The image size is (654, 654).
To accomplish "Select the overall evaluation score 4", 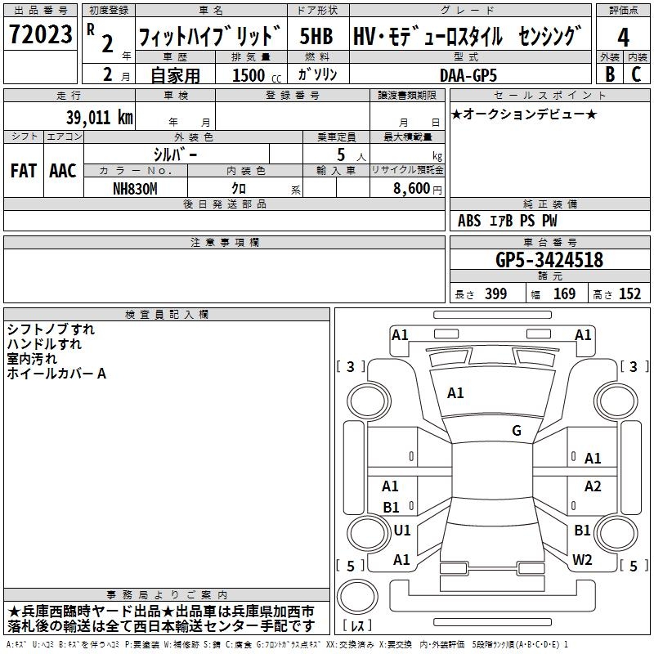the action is (624, 38).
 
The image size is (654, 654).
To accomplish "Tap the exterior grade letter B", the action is (609, 74).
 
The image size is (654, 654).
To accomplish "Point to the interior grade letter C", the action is (637, 74).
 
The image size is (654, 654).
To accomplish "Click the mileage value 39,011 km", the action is (99, 117).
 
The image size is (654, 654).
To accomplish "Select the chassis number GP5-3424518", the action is (549, 260).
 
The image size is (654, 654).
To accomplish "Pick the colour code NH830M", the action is (136, 189).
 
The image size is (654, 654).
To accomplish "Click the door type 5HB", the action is (316, 38).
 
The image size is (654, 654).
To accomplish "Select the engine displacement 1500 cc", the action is (254, 75).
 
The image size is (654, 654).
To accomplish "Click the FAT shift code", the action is (24, 171).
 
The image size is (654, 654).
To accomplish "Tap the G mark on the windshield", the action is (516, 431).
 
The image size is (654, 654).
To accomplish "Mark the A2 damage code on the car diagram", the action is (593, 486).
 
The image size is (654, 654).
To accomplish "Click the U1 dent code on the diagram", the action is (402, 531).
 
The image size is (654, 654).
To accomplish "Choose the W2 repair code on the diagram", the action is (582, 560).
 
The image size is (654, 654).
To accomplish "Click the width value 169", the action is (564, 294).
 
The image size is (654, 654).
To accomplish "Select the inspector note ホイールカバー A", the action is (56, 374).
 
